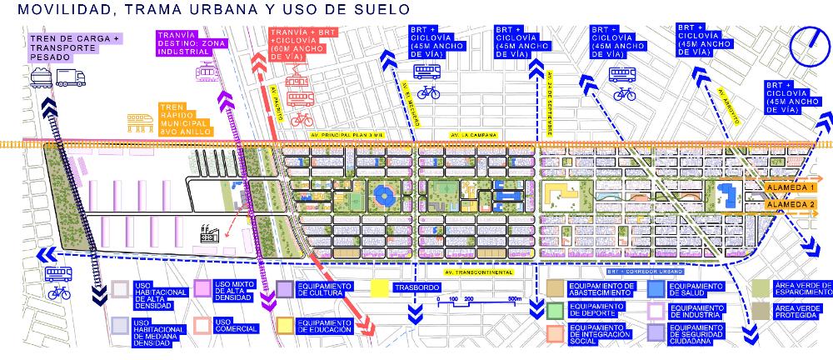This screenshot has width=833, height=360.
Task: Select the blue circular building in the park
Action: point(385,197)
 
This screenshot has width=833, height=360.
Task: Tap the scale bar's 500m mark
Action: point(513,297)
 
